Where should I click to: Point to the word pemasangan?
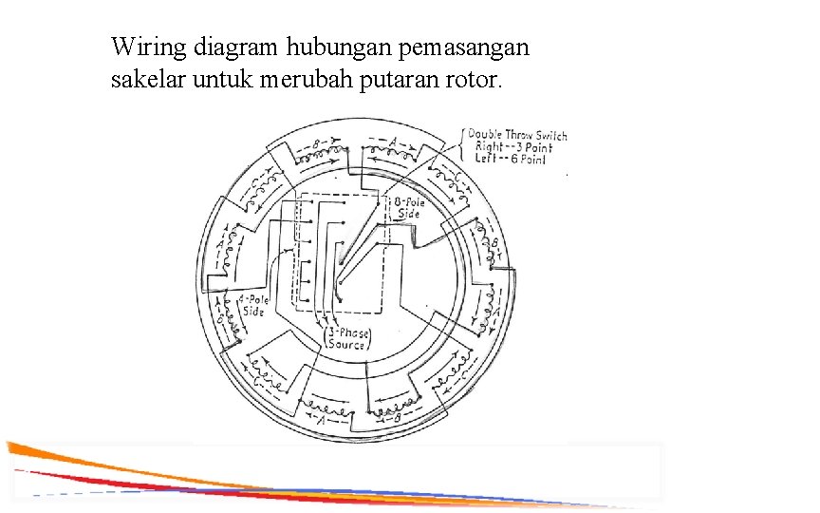(465, 47)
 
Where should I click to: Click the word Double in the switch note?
(486, 134)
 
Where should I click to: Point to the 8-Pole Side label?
(407, 208)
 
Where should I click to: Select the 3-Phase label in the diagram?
(348, 333)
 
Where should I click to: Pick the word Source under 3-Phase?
(348, 345)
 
